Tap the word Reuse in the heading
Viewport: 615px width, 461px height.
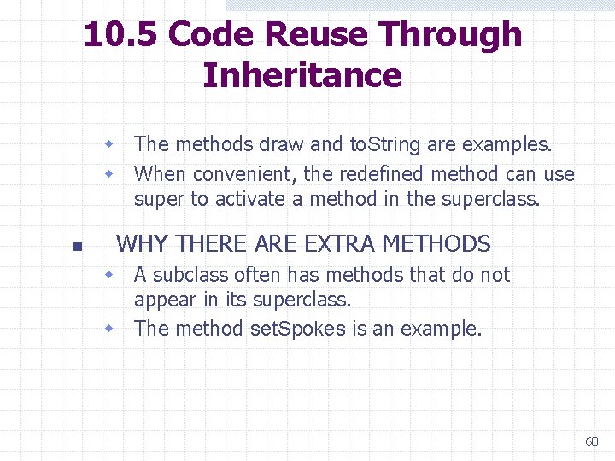[317, 36]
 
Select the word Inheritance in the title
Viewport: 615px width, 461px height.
[302, 75]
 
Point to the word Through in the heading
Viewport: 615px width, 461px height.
[450, 36]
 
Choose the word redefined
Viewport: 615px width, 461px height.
[382, 174]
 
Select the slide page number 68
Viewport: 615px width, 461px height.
[592, 441]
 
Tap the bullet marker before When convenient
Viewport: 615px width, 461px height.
[109, 174]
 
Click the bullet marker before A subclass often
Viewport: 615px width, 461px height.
[109, 275]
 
